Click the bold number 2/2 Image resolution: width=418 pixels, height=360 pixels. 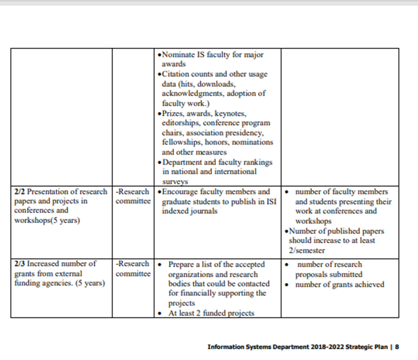coord(19,192)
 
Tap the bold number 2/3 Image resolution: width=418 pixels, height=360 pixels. coord(19,264)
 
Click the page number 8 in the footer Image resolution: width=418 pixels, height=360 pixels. coord(397,347)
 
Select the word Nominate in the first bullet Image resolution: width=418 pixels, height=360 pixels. coord(178,55)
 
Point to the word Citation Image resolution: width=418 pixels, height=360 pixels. coord(176,74)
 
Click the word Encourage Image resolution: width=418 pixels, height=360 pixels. coord(181,192)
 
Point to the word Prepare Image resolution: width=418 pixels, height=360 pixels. coord(182,265)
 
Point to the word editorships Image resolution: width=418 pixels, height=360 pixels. coord(181,123)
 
